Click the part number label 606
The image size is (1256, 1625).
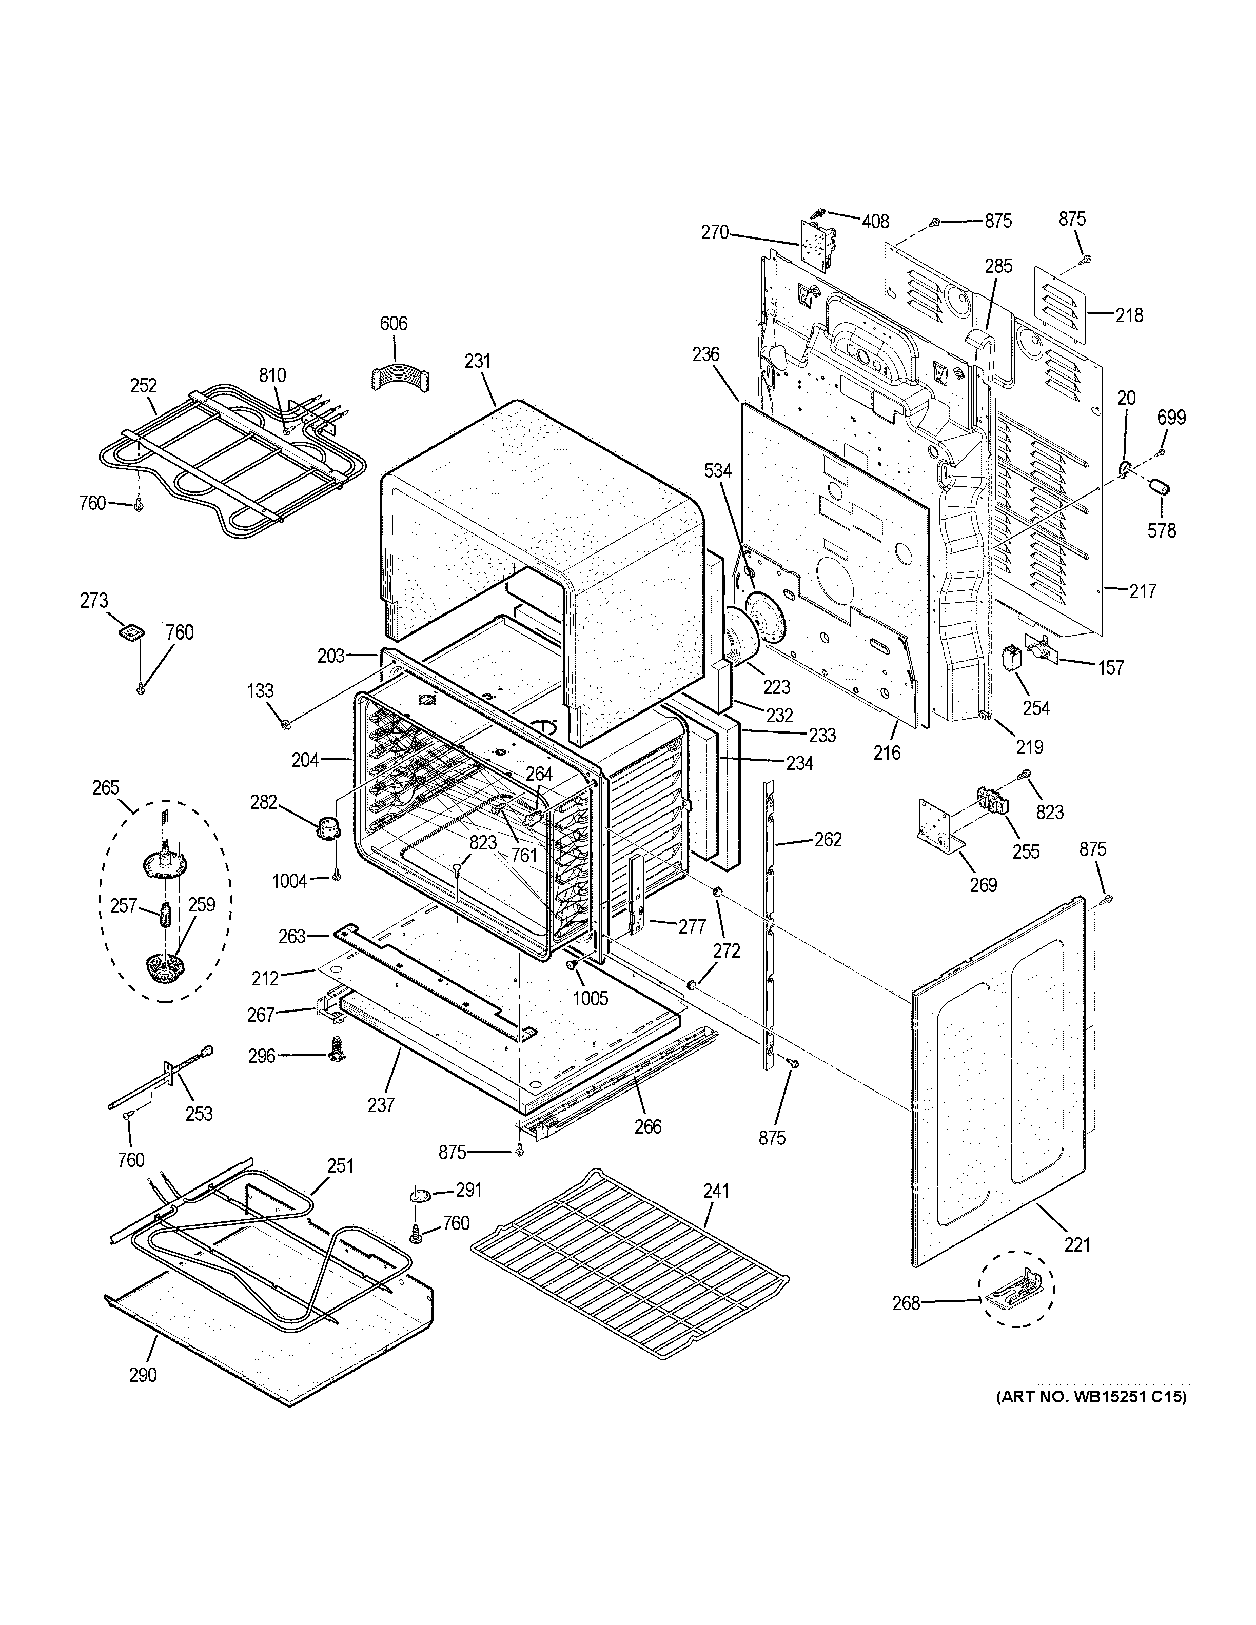coord(394,324)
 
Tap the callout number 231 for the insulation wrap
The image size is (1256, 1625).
coord(478,361)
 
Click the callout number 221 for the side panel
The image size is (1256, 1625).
coord(1076,1244)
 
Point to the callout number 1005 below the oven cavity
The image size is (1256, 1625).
coord(590,997)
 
